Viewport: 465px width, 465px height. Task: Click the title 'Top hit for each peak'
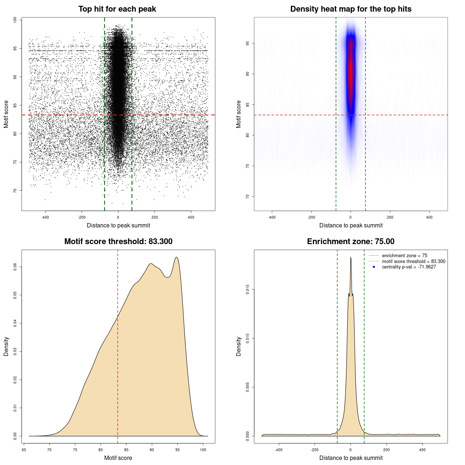click(x=117, y=9)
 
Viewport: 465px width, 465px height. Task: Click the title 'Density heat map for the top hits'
click(x=351, y=9)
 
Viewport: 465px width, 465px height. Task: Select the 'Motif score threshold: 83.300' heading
click(x=118, y=242)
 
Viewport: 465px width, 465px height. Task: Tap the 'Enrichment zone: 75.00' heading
click(x=351, y=242)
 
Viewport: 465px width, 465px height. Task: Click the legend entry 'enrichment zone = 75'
click(x=404, y=256)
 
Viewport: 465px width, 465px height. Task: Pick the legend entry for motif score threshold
click(x=413, y=262)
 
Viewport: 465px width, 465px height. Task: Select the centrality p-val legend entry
click(x=409, y=267)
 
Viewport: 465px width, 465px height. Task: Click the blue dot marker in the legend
click(x=374, y=267)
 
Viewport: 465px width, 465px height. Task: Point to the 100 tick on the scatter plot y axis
click(x=15, y=20)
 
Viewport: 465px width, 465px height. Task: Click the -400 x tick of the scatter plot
click(x=45, y=217)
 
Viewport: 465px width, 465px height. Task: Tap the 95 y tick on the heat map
click(x=248, y=43)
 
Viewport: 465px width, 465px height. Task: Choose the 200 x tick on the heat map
click(x=390, y=217)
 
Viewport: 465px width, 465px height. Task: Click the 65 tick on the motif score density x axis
click(x=24, y=450)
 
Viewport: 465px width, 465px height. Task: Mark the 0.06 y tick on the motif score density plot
click(x=15, y=267)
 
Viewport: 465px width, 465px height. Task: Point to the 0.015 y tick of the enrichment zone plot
click(x=248, y=290)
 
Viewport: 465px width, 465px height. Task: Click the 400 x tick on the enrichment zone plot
click(x=422, y=450)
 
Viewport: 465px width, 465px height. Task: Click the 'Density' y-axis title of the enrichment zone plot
click(x=239, y=346)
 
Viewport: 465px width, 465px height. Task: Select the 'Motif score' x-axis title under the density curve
click(x=118, y=458)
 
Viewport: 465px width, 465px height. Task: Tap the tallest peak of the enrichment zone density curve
click(x=351, y=258)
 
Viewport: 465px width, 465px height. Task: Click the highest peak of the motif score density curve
click(x=176, y=258)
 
